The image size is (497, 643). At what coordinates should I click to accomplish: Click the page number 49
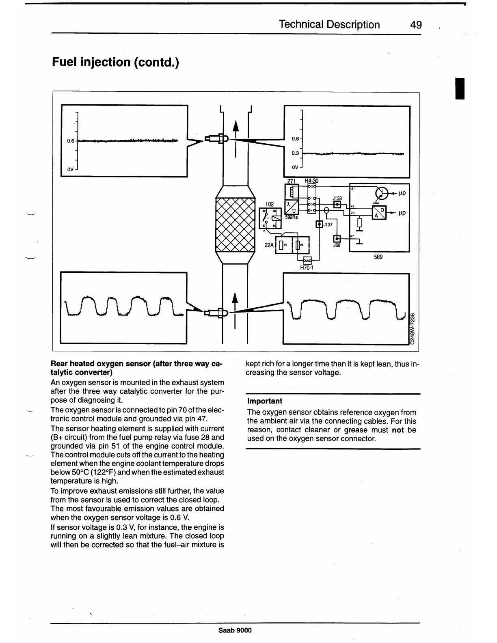[x=416, y=25]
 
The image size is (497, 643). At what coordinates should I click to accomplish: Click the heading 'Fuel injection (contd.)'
[x=115, y=62]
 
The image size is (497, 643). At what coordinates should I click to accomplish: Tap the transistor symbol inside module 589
[x=382, y=193]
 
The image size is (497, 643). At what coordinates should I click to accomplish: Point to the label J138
[x=337, y=198]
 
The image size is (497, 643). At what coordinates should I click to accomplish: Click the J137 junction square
[x=320, y=224]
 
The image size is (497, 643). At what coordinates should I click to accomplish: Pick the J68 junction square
[x=337, y=239]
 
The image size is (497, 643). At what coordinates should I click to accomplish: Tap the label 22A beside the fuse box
[x=269, y=245]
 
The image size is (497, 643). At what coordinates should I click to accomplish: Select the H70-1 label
[x=307, y=268]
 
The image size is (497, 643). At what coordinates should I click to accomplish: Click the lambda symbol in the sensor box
[x=288, y=204]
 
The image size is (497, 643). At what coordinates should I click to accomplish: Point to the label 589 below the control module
[x=378, y=257]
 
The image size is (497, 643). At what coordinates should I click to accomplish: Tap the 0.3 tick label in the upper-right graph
[x=295, y=153]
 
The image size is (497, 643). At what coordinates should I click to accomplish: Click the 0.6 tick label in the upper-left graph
[x=71, y=141]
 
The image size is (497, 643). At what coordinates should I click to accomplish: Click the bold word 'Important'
[x=264, y=401]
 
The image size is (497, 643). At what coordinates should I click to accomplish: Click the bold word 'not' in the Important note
[x=398, y=430]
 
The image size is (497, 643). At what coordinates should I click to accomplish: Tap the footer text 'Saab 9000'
[x=235, y=630]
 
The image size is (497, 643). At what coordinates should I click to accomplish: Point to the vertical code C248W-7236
[x=413, y=328]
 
